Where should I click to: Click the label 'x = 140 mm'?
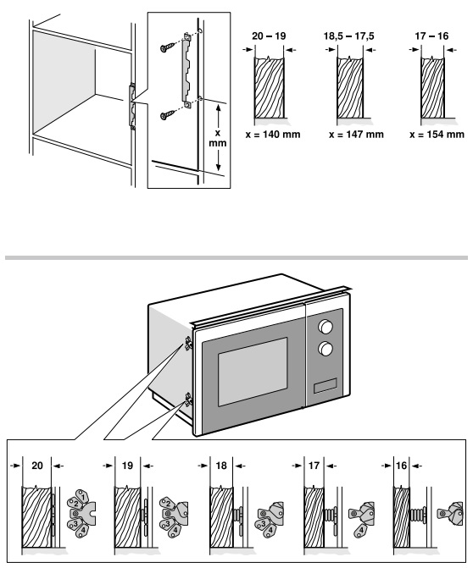[x=273, y=135]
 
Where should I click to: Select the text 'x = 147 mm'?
[x=356, y=135]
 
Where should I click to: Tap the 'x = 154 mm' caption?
[x=437, y=135]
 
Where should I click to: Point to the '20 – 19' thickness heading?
[x=269, y=36]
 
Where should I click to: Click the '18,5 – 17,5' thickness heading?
[x=348, y=36]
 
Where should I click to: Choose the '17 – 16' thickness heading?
[x=431, y=36]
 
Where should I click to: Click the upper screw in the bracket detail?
[x=168, y=47]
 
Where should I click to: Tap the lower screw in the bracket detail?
[x=168, y=115]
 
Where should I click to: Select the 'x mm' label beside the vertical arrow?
[x=218, y=138]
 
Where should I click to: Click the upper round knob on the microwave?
[x=326, y=326]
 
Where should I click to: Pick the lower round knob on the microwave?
[x=326, y=349]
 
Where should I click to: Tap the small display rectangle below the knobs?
[x=326, y=385]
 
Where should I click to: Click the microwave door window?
[x=253, y=372]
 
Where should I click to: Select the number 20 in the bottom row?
[x=37, y=466]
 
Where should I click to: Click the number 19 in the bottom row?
[x=127, y=466]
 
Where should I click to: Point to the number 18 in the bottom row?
[x=221, y=466]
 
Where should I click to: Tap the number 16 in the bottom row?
[x=401, y=466]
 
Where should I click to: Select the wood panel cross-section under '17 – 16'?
[x=432, y=87]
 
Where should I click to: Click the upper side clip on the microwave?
[x=188, y=343]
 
